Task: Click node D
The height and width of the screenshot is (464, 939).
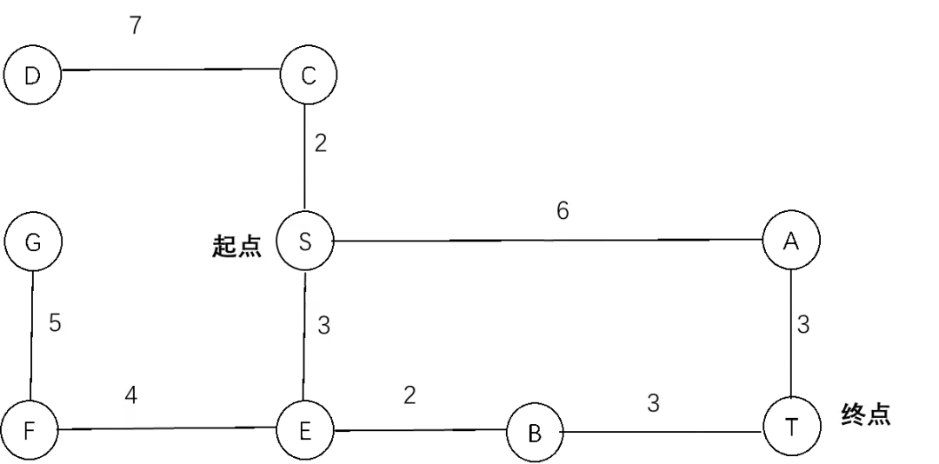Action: pyautogui.click(x=32, y=76)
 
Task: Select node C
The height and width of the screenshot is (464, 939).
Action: pyautogui.click(x=308, y=76)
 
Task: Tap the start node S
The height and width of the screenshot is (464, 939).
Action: pyautogui.click(x=305, y=242)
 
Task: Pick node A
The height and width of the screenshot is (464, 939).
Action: pyautogui.click(x=792, y=240)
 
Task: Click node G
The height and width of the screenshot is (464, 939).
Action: pyautogui.click(x=33, y=242)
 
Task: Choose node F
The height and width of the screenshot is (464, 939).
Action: pyautogui.click(x=30, y=430)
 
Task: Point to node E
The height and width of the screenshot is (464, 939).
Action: pyautogui.click(x=305, y=430)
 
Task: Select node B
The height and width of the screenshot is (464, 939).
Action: pyautogui.click(x=535, y=433)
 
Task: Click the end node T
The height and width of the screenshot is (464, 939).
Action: pyautogui.click(x=792, y=427)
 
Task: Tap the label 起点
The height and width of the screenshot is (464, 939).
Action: pyautogui.click(x=237, y=246)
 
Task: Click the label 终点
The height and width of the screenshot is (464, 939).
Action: pyautogui.click(x=866, y=414)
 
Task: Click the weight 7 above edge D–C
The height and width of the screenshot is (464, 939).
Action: pyautogui.click(x=136, y=26)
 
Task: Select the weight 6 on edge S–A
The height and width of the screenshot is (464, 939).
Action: pyautogui.click(x=563, y=211)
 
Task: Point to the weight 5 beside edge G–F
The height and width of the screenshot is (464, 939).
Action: pyautogui.click(x=55, y=324)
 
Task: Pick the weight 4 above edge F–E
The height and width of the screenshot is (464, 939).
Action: pyautogui.click(x=131, y=395)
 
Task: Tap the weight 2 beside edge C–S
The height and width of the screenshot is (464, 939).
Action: pyautogui.click(x=321, y=143)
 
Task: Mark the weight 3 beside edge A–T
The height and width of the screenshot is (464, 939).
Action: pyautogui.click(x=803, y=324)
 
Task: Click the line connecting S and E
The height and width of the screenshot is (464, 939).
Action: pyautogui.click(x=305, y=336)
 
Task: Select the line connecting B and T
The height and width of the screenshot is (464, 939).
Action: pyautogui.click(x=663, y=431)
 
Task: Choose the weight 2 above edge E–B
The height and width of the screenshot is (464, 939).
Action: pyautogui.click(x=410, y=395)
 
